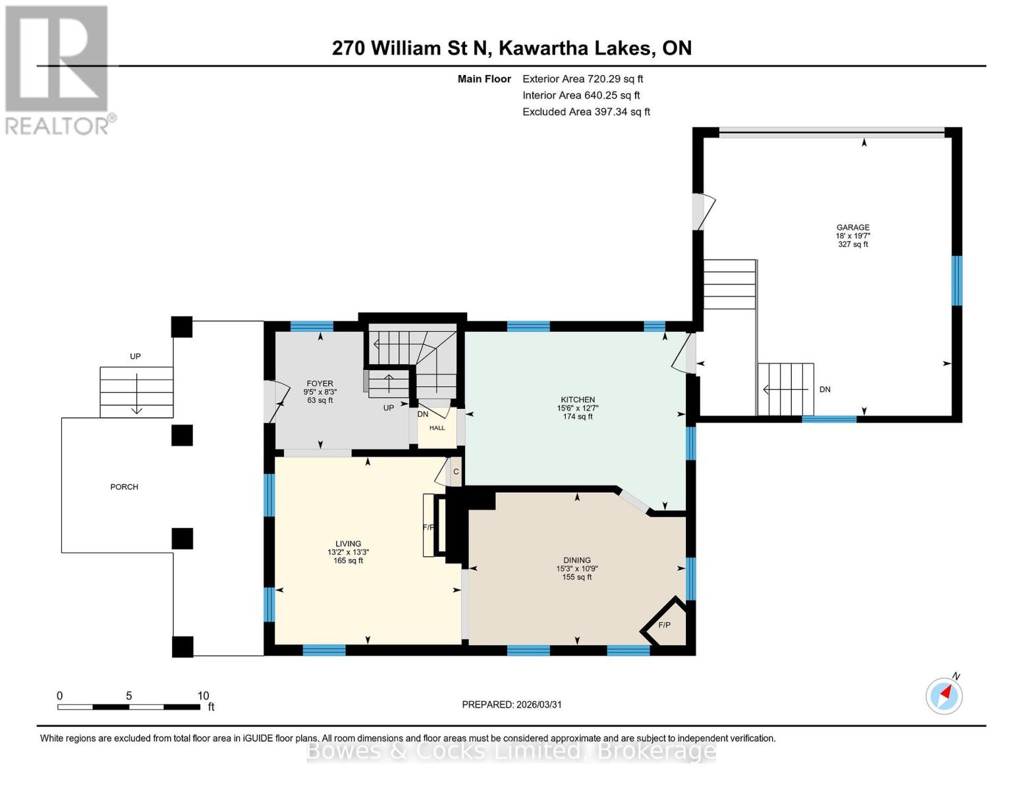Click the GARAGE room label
852,228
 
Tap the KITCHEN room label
578,400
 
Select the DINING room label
576,560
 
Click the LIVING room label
348,544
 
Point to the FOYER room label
319,384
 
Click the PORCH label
124,487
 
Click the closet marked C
455,472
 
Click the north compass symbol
944,695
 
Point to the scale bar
128,707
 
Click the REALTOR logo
58,70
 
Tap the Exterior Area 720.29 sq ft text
582,79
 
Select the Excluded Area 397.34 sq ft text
586,112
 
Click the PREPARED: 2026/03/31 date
511,704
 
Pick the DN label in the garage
825,390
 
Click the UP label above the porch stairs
135,357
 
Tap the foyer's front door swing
275,401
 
